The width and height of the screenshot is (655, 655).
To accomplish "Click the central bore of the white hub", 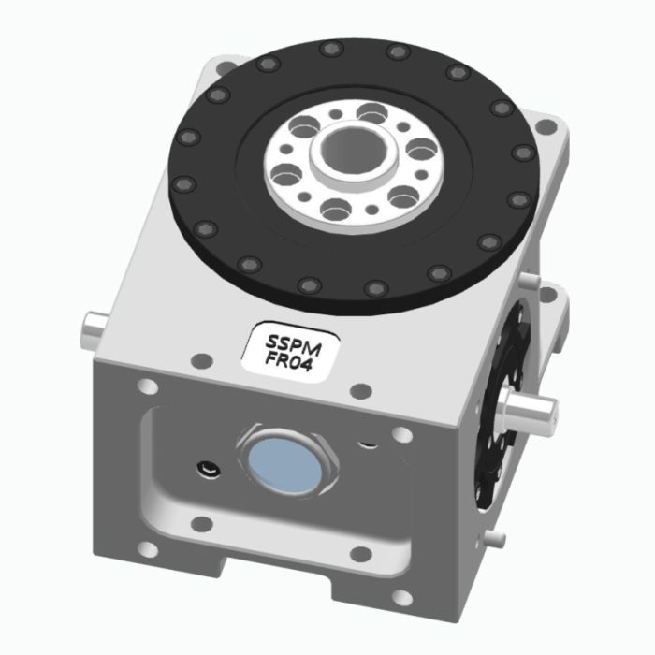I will [x=351, y=150].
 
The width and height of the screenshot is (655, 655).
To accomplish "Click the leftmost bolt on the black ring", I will [x=182, y=183].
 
